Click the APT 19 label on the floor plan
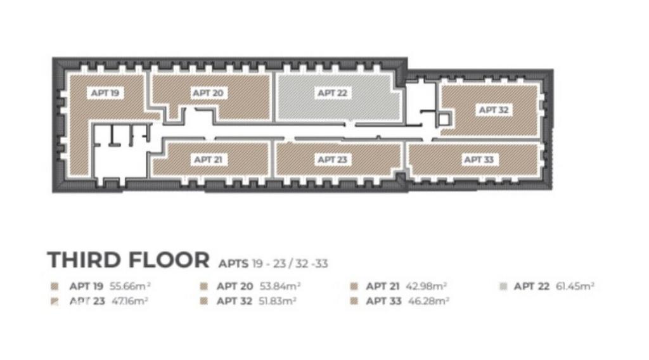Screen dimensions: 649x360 (105, 93)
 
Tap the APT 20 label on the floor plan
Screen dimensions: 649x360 (208, 93)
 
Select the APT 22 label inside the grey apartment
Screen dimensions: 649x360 (332, 93)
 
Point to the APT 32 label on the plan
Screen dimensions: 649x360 (493, 110)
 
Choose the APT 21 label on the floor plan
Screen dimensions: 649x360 (208, 159)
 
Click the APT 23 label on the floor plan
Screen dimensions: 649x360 (332, 159)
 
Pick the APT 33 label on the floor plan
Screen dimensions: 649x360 (479, 159)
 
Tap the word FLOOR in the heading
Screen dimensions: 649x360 (169, 260)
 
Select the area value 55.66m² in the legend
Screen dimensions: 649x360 (130, 286)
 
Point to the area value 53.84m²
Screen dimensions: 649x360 (280, 286)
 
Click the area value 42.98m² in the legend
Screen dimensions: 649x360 (427, 286)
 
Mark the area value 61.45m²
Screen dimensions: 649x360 (575, 286)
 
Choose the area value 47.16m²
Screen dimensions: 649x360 (130, 301)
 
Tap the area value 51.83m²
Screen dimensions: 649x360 (278, 301)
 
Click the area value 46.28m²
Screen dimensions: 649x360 (429, 301)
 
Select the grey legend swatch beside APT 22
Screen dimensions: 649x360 (503, 286)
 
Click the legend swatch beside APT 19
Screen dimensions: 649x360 (55, 286)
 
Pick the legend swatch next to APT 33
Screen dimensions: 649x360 (354, 301)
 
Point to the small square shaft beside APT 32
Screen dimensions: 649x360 (444, 119)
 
